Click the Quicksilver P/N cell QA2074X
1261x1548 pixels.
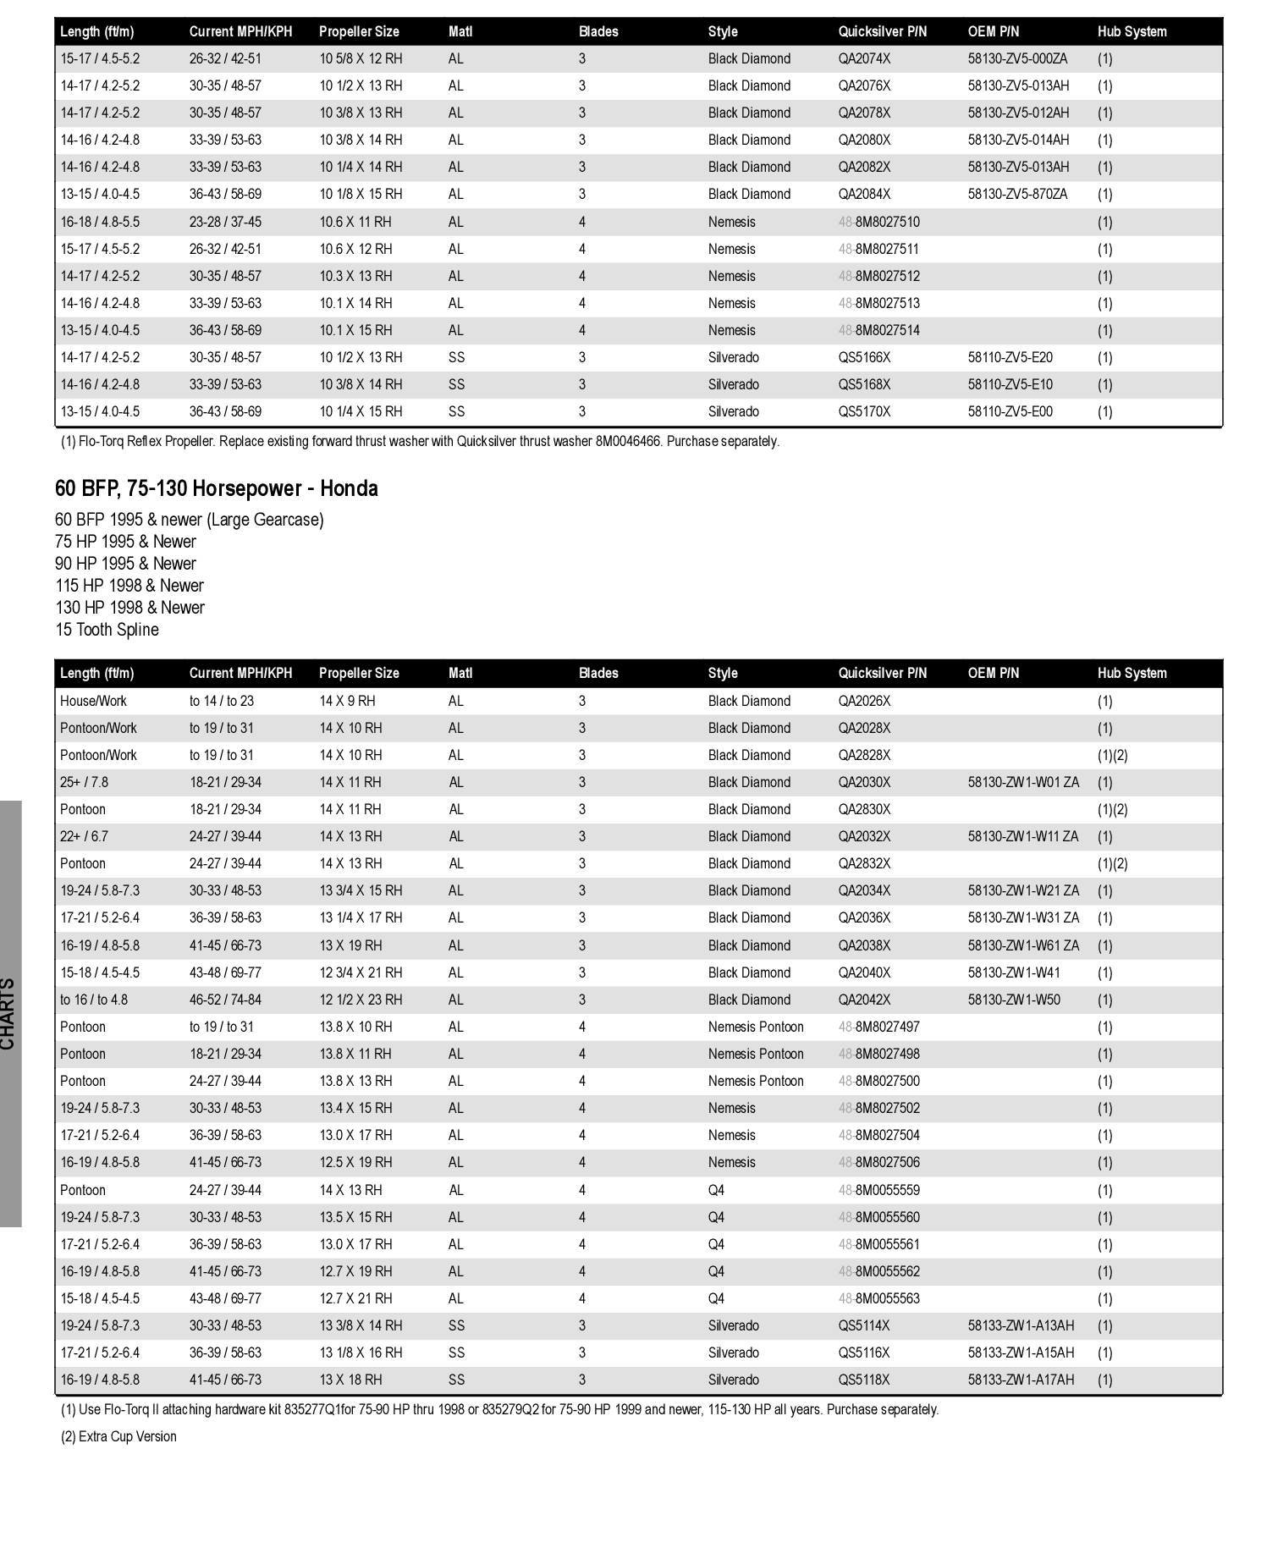[x=864, y=58]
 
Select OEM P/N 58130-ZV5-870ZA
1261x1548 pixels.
[x=1017, y=194]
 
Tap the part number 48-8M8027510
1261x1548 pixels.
[x=878, y=222]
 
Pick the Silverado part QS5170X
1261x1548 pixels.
[x=864, y=411]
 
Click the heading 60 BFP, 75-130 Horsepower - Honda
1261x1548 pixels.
[x=216, y=488]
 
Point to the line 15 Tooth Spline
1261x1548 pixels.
[x=107, y=630]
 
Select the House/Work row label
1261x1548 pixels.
[x=93, y=701]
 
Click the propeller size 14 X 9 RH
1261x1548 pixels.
[x=347, y=701]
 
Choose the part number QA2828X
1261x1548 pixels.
[x=864, y=755]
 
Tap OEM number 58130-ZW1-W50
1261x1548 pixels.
[x=1013, y=1000]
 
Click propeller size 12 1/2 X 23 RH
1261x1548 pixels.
[x=361, y=1000]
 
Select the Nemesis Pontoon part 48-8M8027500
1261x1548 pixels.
[x=878, y=1081]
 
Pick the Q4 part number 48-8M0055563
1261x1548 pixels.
[x=878, y=1298]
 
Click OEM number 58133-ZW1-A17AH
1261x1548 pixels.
[x=1021, y=1380]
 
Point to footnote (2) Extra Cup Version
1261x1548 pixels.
[x=118, y=1436]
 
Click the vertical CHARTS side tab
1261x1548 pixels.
[x=8, y=1013]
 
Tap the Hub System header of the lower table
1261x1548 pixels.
[x=1132, y=673]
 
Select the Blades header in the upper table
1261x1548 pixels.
[x=598, y=31]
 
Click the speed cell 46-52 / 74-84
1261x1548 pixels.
[x=225, y=1000]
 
